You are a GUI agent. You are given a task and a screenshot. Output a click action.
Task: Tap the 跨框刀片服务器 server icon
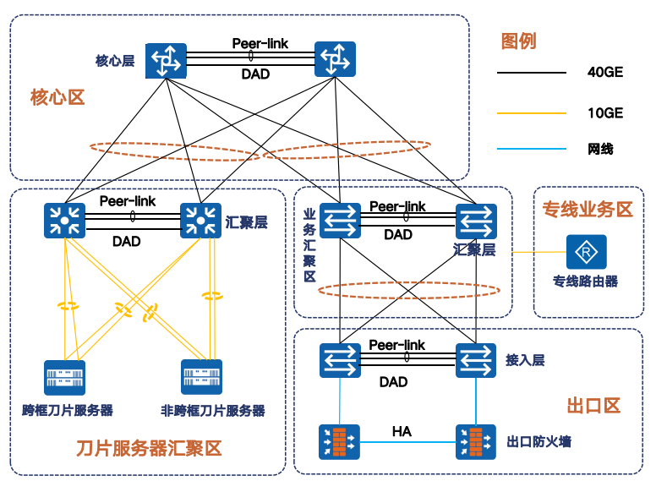point(65,378)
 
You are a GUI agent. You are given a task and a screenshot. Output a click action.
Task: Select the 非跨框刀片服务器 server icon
point(202,378)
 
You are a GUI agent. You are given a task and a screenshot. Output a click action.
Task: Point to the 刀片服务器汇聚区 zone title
point(149,448)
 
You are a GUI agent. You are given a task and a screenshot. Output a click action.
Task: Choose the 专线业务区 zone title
point(588,210)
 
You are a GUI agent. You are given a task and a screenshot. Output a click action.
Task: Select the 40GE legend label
point(605,73)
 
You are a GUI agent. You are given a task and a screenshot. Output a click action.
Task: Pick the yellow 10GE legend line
point(531,112)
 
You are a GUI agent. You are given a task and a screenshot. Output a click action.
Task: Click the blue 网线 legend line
point(531,150)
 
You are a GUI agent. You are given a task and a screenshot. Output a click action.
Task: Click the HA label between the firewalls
point(402,431)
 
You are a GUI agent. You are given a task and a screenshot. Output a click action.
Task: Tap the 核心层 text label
point(115,61)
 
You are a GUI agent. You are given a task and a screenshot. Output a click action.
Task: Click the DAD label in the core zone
point(255,74)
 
